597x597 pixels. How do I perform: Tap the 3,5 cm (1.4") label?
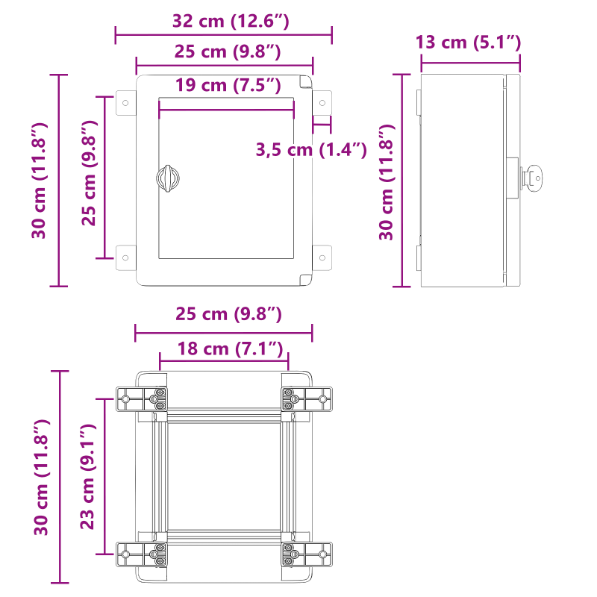point(311,150)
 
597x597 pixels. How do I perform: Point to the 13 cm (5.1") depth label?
point(468,42)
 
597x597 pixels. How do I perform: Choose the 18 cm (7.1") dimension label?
point(231,348)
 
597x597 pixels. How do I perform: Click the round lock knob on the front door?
point(168,178)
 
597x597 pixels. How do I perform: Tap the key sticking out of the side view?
point(531,178)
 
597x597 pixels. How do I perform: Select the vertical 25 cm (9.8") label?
point(89,172)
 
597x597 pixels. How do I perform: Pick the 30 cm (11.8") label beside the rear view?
point(41,477)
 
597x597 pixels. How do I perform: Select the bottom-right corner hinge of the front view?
point(304,279)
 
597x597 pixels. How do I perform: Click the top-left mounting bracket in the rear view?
point(142,399)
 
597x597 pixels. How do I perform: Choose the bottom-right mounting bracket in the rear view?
point(306,553)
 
